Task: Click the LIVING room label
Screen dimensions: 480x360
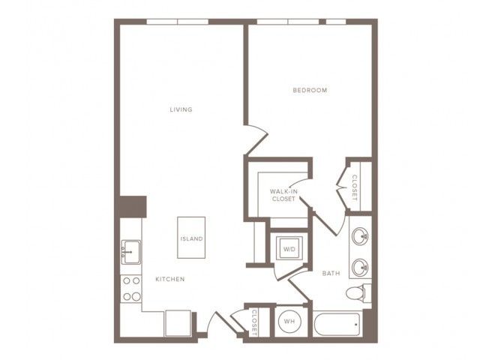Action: (x=181, y=109)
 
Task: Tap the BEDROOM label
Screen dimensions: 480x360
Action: (x=310, y=90)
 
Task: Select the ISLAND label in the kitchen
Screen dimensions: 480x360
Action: (x=192, y=238)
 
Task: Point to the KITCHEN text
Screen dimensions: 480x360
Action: (x=170, y=279)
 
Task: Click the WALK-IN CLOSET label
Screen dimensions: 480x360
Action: (x=283, y=195)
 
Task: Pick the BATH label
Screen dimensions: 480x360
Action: (x=331, y=273)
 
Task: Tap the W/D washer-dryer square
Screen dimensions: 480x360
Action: (x=289, y=248)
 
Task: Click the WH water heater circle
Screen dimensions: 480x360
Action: (x=289, y=322)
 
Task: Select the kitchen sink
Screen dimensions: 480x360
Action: (x=131, y=252)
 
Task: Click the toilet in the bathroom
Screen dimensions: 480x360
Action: (x=358, y=293)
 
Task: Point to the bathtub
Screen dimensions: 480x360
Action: (x=337, y=324)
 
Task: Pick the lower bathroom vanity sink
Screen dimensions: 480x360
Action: (x=360, y=268)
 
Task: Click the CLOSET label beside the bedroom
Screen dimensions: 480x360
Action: (x=355, y=187)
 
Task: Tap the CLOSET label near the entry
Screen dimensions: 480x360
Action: (x=255, y=322)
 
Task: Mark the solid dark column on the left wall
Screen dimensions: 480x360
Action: (x=132, y=207)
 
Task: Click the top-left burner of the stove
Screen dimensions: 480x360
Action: (x=127, y=280)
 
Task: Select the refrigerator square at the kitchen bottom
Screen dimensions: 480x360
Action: (x=178, y=323)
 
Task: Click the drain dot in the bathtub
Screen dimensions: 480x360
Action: (x=356, y=324)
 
